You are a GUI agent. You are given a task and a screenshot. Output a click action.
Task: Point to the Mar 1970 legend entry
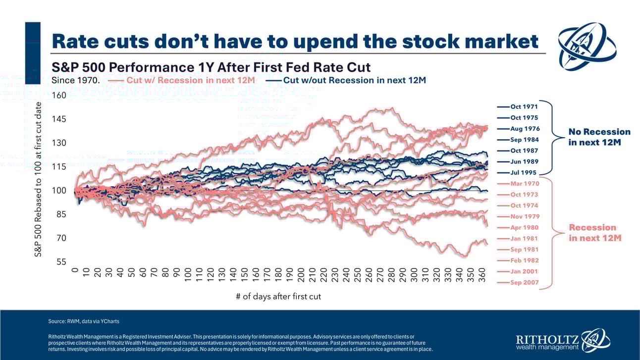click(524, 184)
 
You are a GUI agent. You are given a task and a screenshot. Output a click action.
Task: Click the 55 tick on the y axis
click(61, 262)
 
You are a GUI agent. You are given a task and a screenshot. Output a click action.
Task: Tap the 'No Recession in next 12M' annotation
click(599, 137)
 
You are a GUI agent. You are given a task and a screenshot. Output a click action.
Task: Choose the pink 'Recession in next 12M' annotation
click(594, 233)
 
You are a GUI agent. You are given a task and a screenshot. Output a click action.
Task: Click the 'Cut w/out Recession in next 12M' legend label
click(354, 80)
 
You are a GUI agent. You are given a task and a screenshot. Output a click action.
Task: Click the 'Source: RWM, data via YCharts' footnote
click(83, 321)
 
